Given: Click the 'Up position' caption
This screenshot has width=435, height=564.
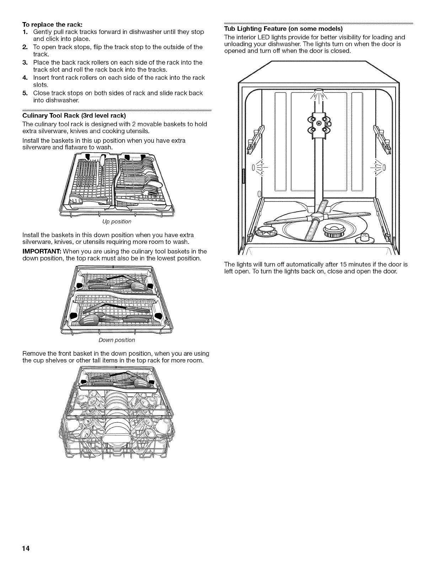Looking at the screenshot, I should pos(117,222).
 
